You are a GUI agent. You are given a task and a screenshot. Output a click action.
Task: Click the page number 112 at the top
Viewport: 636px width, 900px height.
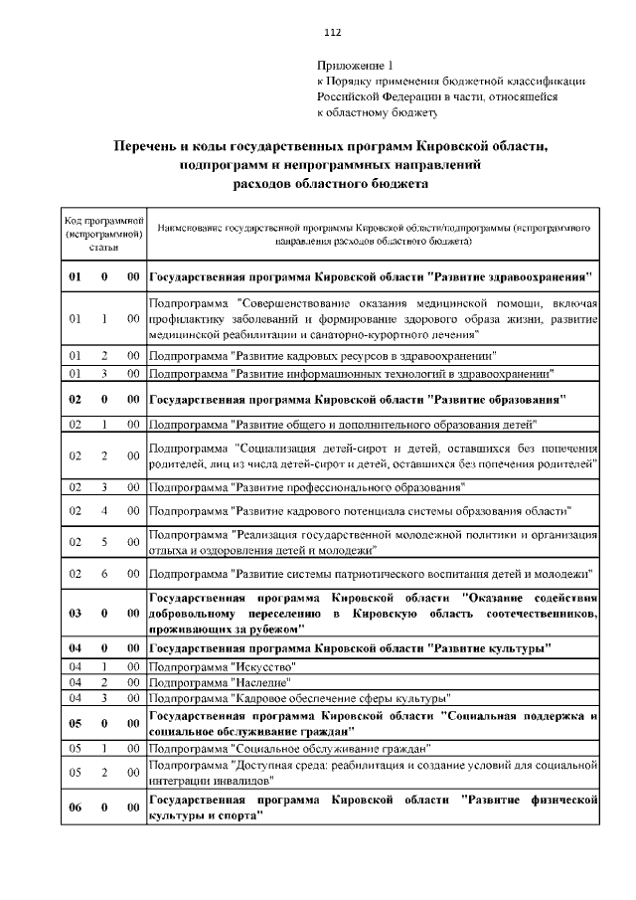pyautogui.click(x=317, y=31)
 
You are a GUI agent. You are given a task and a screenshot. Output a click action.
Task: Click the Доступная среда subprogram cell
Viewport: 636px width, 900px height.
pyautogui.click(x=372, y=772)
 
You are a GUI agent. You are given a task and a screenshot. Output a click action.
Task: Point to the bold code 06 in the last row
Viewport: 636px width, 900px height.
pyautogui.click(x=75, y=808)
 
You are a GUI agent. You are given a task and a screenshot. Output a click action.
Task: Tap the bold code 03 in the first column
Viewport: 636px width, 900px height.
pyautogui.click(x=75, y=614)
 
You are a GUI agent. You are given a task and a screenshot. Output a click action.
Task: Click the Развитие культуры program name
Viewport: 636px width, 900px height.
pyautogui.click(x=350, y=648)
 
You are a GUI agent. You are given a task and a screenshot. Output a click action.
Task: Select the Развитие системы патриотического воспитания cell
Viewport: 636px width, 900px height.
pyautogui.click(x=371, y=574)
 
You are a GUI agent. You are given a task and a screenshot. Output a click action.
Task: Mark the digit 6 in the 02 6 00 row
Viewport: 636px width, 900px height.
pyautogui.click(x=104, y=574)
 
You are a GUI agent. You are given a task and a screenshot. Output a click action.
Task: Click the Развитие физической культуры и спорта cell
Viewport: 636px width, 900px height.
pyautogui.click(x=372, y=808)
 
